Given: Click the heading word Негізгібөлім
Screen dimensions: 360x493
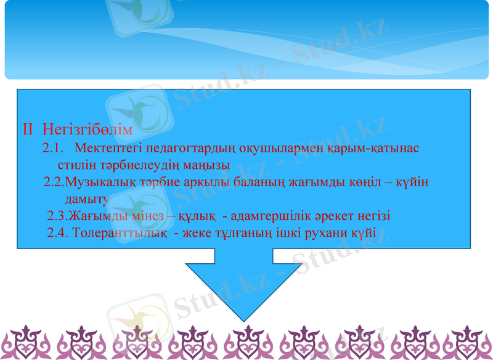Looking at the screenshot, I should pyautogui.click(x=88, y=131).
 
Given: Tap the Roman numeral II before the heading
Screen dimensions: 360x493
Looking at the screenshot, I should pyautogui.click(x=28, y=131).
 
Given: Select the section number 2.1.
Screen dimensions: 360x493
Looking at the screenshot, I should pyautogui.click(x=54, y=149).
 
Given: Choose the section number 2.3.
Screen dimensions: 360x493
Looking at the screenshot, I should pyautogui.click(x=57, y=216).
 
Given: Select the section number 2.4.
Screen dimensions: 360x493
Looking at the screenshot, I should pyautogui.click(x=57, y=234).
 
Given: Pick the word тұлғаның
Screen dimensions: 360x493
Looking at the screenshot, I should pyautogui.click(x=251, y=234).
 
